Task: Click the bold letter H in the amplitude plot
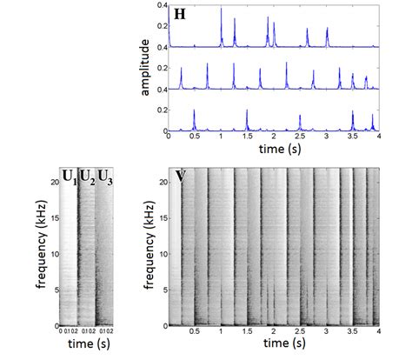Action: click(181, 15)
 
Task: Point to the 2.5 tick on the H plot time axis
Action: click(299, 137)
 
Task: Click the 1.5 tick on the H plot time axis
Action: click(247, 137)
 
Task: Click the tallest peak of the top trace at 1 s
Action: click(221, 10)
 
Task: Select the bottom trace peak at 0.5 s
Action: click(195, 110)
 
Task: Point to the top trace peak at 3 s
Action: click(327, 30)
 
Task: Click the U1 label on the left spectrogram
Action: click(68, 177)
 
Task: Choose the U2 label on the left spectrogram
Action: click(87, 177)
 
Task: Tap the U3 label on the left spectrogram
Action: click(105, 177)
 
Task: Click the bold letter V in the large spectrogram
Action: click(181, 177)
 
